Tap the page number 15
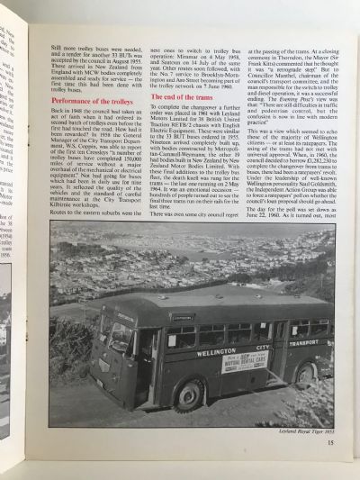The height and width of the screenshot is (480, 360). tap(331, 440)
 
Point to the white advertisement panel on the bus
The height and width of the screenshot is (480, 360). tap(243, 362)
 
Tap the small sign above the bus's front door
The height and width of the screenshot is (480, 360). tap(158, 318)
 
